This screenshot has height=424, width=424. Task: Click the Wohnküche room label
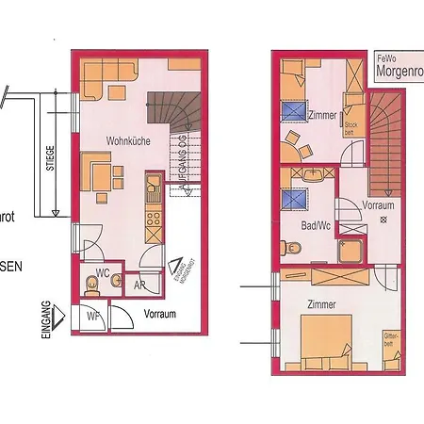click(124, 140)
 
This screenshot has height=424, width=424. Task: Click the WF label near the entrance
click(93, 316)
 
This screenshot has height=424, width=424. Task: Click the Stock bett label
click(351, 128)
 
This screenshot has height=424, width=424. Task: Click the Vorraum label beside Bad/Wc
click(377, 204)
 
